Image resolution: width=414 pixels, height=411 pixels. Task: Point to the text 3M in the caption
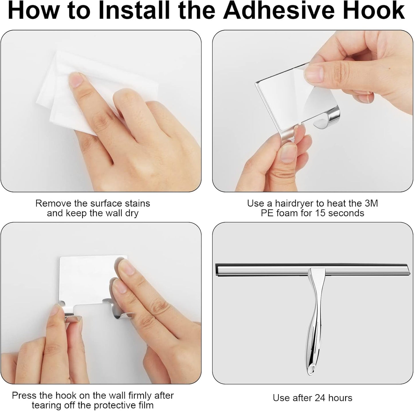[x=371, y=203]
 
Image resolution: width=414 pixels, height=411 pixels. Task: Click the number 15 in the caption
[x=321, y=213]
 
